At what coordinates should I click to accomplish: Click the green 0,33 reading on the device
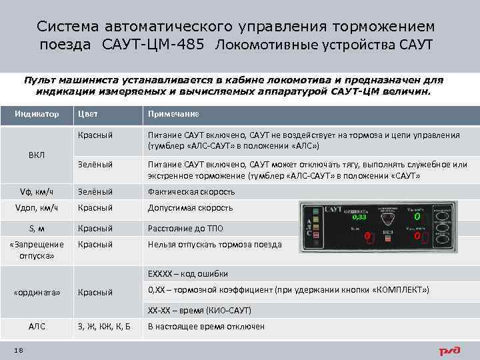pyautogui.click(x=359, y=217)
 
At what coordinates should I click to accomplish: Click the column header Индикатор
pyautogui.click(x=37, y=113)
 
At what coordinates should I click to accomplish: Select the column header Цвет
pyautogui.click(x=88, y=113)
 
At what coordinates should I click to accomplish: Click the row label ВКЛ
pyautogui.click(x=37, y=155)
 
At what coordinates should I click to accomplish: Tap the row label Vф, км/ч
pyautogui.click(x=37, y=192)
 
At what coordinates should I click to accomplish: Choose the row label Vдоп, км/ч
pyautogui.click(x=37, y=208)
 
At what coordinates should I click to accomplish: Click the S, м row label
pyautogui.click(x=37, y=229)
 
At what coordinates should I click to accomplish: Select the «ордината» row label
pyautogui.click(x=37, y=292)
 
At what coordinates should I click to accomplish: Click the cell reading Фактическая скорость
pyautogui.click(x=191, y=192)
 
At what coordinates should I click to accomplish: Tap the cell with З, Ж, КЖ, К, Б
pyautogui.click(x=104, y=327)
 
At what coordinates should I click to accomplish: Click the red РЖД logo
pyautogui.click(x=451, y=350)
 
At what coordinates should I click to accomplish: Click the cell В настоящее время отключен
pyautogui.click(x=206, y=327)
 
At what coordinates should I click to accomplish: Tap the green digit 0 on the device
pyautogui.click(x=417, y=217)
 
